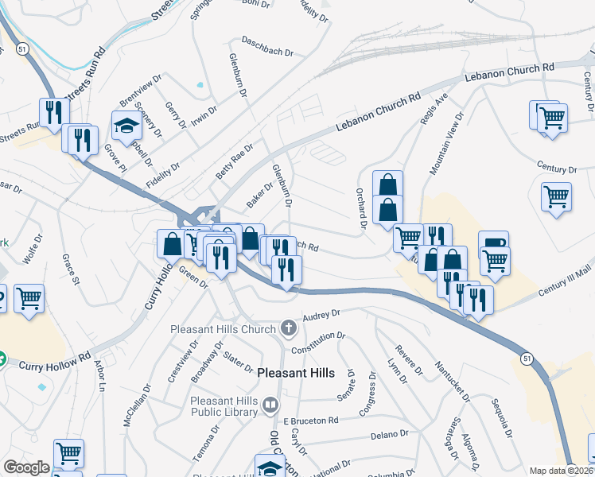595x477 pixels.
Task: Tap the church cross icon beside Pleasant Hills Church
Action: (287, 328)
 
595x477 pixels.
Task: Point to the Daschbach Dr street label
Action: (267, 47)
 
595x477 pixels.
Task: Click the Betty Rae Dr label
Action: (234, 161)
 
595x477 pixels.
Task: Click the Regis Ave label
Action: (439, 107)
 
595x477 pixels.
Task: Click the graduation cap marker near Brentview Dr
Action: (126, 124)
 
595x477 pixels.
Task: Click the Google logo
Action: (26, 467)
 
